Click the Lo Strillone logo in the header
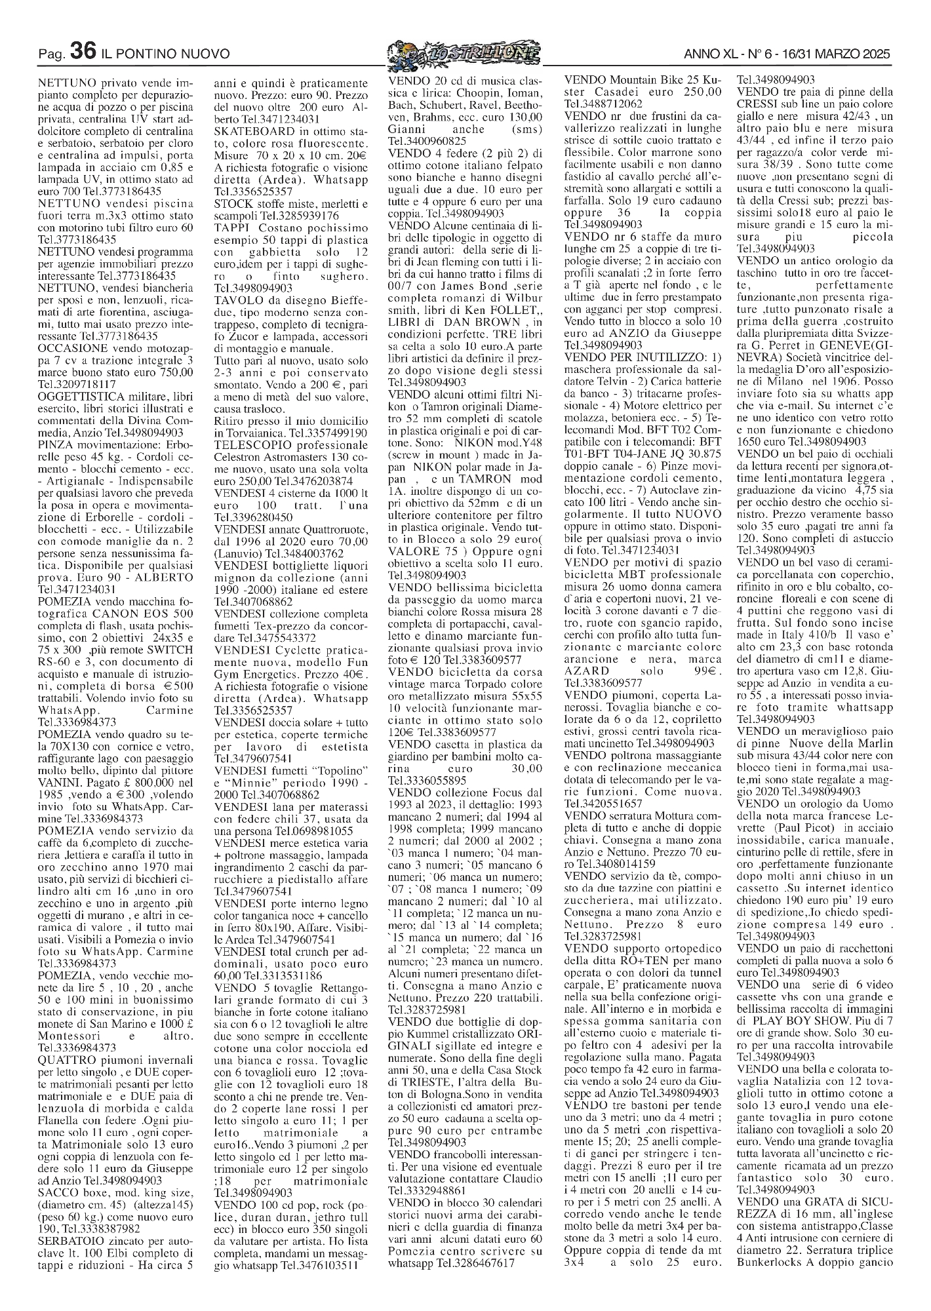point(464,51)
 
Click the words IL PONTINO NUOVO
point(166,53)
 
